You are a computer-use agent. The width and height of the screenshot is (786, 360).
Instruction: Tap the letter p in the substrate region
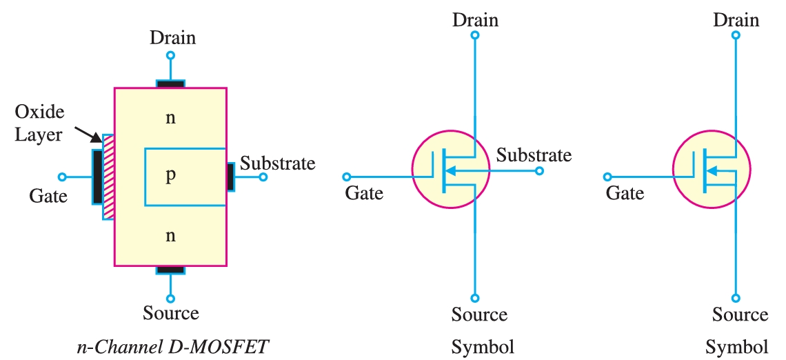coord(170,177)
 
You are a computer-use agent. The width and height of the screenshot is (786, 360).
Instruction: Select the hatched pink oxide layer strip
coord(108,177)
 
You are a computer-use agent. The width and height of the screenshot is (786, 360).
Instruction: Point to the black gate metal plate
coord(97,177)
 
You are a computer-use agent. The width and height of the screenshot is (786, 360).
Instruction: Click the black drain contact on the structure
coord(170,84)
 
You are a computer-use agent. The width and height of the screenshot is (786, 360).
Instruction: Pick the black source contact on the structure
coord(170,270)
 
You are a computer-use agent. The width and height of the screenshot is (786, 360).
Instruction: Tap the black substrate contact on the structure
coord(230,177)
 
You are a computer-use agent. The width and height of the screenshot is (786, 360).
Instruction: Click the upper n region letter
coord(170,118)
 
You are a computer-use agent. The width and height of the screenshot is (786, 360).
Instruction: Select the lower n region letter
coord(170,236)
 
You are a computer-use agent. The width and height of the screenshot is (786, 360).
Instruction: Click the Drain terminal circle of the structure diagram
coord(170,55)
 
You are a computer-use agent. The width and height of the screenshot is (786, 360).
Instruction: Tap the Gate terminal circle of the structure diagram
coord(62,177)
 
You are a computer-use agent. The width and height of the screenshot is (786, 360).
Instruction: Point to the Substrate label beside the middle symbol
coord(534,155)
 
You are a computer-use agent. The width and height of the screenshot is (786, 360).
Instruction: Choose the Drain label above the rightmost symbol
coord(736,19)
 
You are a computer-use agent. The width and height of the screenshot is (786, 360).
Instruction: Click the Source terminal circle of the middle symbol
coord(474,298)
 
